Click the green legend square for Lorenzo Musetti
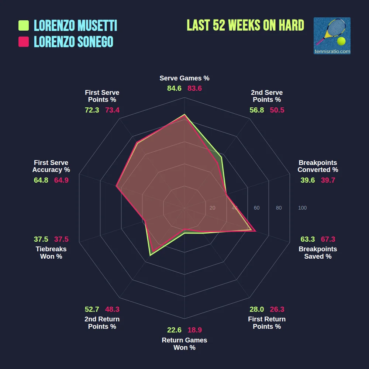[x=24, y=25]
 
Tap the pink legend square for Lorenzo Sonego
[x=24, y=42]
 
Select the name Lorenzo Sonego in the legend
[x=73, y=42]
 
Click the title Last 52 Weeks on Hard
[x=245, y=25]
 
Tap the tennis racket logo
[x=332, y=36]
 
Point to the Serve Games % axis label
[x=184, y=78]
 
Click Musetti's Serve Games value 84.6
[x=174, y=89]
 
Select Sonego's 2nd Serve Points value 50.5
[x=277, y=110]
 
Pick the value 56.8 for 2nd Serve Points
[x=257, y=110]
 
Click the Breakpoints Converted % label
[x=318, y=166]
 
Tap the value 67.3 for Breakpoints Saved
[x=328, y=239]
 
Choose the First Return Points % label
[x=267, y=323]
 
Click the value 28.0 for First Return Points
[x=257, y=310]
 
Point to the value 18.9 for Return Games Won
[x=194, y=330]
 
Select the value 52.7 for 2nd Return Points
[x=92, y=310]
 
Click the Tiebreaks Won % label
[x=51, y=253]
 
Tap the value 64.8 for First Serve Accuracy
[x=41, y=180]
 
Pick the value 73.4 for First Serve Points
[x=112, y=110]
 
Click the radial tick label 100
[x=302, y=208]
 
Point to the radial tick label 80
[x=279, y=208]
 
